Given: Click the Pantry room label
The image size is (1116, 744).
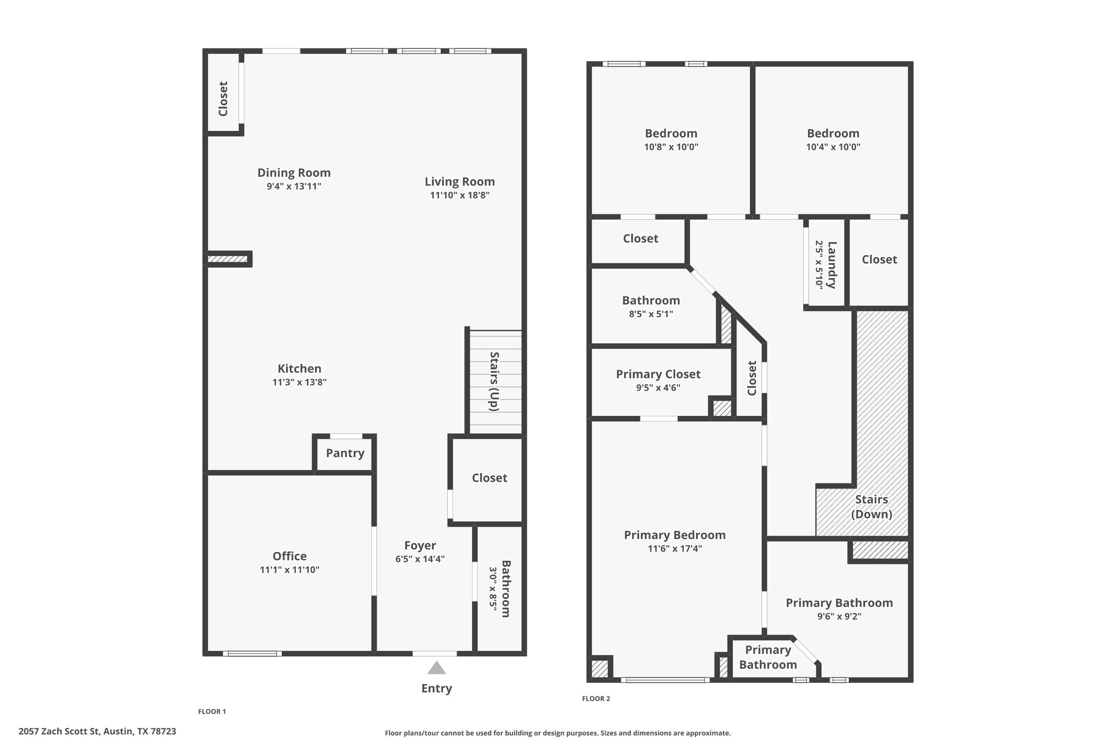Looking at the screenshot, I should (x=345, y=453).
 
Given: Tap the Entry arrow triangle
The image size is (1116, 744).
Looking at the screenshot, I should (x=436, y=668).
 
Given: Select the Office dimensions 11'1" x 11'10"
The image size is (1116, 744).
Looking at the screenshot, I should (x=289, y=570).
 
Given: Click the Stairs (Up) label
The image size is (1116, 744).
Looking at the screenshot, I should (x=494, y=382).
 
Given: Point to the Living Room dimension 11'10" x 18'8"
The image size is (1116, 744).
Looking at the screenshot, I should (x=459, y=196).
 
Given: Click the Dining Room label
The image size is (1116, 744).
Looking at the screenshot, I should (x=294, y=173).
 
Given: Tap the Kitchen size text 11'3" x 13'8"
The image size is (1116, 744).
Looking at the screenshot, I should (x=299, y=383).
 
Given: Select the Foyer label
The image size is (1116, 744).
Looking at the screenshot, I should (x=420, y=546).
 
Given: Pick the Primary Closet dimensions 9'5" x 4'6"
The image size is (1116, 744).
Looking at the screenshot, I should (x=658, y=388).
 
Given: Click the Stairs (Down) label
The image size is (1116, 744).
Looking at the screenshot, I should (x=871, y=507).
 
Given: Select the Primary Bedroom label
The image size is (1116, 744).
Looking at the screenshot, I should (x=675, y=535).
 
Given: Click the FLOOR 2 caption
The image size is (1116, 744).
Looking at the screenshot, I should (x=596, y=699).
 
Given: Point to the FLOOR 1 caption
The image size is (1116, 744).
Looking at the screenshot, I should (x=211, y=712).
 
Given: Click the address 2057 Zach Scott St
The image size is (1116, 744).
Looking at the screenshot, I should (x=97, y=731).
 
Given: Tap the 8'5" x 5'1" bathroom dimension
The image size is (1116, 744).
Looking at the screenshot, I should (x=651, y=314).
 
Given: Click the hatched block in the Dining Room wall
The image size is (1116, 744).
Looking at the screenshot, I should (x=228, y=259).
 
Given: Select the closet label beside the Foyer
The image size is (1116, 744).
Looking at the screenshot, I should (x=489, y=478).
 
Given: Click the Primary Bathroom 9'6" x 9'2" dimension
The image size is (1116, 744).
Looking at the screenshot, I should (x=839, y=617).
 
